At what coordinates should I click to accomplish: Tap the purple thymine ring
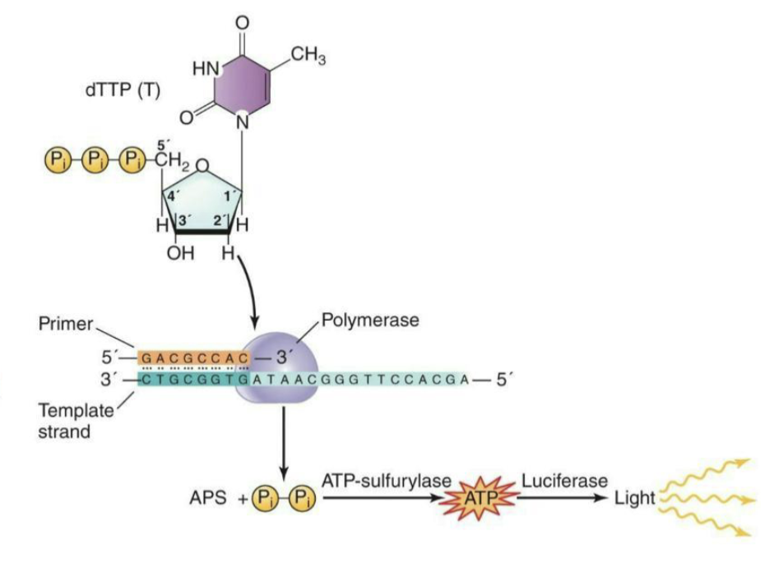[x=243, y=82]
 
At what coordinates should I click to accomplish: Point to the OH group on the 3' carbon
[x=179, y=254]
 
